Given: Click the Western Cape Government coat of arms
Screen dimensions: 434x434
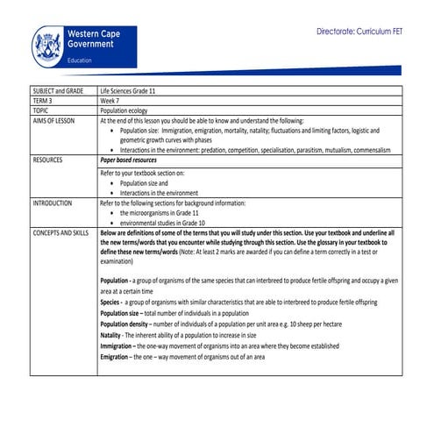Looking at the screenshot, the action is (x=48, y=46).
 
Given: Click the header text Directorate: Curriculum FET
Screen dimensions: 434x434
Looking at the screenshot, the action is (x=361, y=31).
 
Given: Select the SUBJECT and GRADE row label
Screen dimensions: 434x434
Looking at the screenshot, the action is (x=58, y=91).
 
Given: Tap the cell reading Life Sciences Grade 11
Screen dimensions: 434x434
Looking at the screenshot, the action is (x=133, y=91).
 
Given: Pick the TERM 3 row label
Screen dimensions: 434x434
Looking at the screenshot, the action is (x=43, y=101).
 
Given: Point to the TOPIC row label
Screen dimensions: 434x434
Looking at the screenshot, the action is (x=41, y=111).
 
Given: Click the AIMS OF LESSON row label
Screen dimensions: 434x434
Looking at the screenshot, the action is (x=54, y=121).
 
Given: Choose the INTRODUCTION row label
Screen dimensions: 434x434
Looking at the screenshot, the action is (x=53, y=203).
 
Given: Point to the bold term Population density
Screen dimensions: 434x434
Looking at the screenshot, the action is (x=132, y=324).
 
